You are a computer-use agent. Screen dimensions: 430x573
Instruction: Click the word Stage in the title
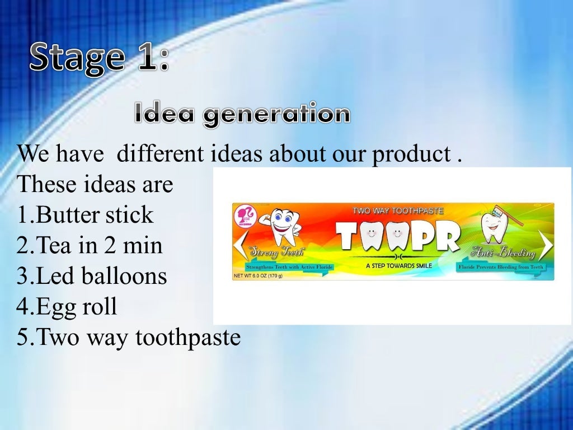pos(76,58)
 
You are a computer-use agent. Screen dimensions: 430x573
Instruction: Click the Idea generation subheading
pos(242,114)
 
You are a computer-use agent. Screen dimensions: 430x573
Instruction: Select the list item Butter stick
pos(85,215)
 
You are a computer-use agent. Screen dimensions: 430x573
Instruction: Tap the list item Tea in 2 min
pos(90,245)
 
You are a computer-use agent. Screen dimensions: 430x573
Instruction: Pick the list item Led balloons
pos(92,276)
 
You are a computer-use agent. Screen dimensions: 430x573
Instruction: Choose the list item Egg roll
pos(67,306)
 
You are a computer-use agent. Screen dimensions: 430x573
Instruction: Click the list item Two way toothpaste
pos(128,337)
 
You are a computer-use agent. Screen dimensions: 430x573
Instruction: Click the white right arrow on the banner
pos(546,244)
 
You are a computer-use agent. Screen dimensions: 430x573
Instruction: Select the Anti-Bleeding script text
pos(503,254)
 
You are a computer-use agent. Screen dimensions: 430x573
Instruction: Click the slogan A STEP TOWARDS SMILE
pos(398,265)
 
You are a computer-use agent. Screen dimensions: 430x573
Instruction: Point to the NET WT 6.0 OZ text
pos(258,275)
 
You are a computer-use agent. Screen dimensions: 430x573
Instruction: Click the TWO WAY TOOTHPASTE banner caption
pos(398,211)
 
